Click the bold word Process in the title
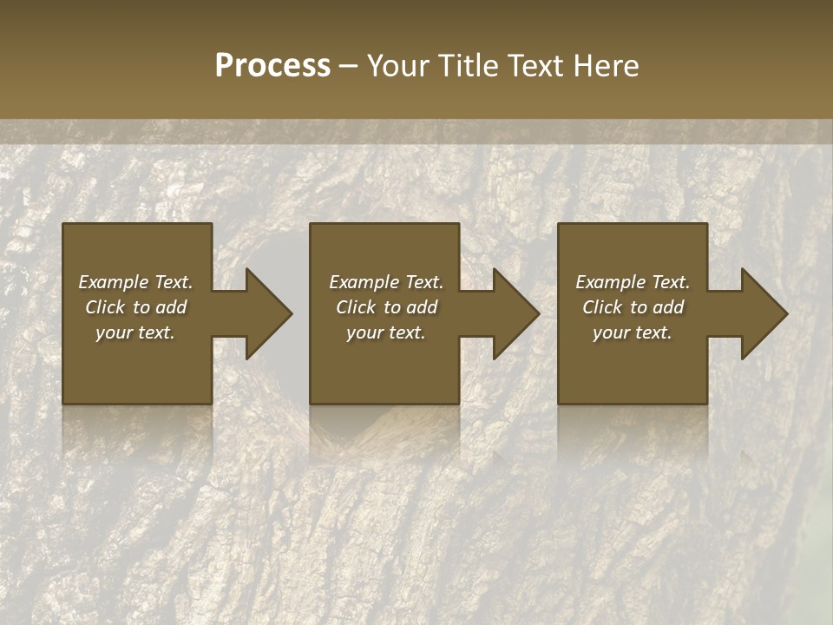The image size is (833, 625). (272, 66)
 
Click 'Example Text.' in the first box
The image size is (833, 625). (135, 282)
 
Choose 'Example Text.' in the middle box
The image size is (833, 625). (386, 282)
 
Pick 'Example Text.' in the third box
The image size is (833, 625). (633, 282)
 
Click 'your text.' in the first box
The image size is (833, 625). (135, 332)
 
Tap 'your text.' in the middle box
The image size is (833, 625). (386, 332)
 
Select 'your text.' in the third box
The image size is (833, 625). (633, 332)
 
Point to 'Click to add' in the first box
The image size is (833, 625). (135, 307)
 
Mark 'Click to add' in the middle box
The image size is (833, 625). (386, 307)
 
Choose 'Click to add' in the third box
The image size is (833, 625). (633, 307)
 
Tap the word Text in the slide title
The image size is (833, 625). (534, 66)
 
